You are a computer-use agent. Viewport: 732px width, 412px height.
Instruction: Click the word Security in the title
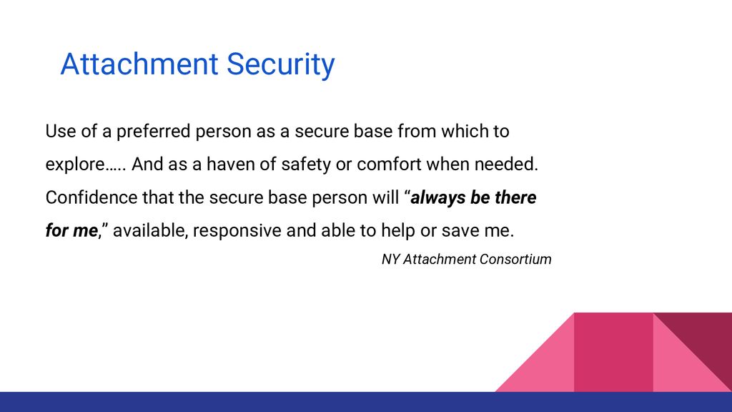coord(280,64)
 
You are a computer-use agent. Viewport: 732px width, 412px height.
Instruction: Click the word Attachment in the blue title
coord(139,64)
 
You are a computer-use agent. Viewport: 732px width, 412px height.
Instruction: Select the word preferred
coord(154,132)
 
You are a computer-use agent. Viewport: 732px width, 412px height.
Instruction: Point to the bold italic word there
coord(515,197)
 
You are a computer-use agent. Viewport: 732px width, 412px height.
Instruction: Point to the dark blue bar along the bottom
coord(366,402)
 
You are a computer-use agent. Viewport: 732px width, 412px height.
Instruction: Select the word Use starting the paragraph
coord(61,132)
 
